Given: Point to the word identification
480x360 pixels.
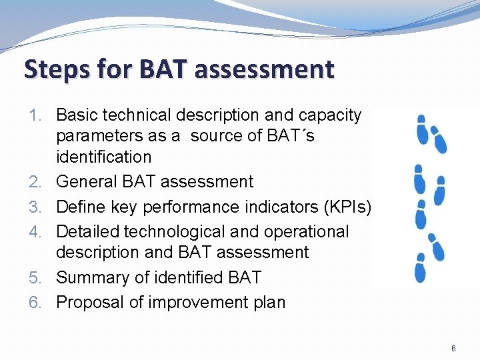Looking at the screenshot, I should [104, 157].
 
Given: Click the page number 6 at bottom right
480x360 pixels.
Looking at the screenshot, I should [453, 348].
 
